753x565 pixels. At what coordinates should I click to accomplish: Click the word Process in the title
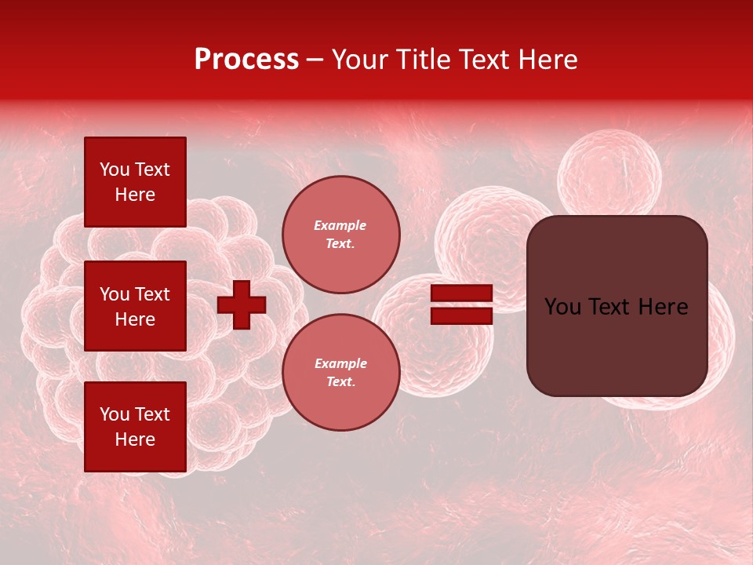pos(246,60)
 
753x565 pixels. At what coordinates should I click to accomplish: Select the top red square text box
pos(135,182)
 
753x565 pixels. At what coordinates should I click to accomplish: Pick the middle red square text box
pos(135,306)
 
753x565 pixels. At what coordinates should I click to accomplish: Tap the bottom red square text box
pos(135,427)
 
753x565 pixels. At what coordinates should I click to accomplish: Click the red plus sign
pos(242,304)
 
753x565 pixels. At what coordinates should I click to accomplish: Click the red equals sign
pos(461,304)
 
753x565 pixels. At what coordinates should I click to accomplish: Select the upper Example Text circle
pos(340,235)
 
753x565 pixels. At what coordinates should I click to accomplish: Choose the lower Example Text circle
pos(340,373)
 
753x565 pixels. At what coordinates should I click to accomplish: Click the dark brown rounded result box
pos(617,306)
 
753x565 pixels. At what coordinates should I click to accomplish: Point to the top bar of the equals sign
pos(461,293)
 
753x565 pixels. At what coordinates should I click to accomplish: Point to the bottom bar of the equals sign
pos(461,315)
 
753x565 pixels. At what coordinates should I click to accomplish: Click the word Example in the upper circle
pos(340,225)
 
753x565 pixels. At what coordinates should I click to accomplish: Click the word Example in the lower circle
pos(340,363)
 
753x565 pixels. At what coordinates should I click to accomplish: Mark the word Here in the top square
pos(135,195)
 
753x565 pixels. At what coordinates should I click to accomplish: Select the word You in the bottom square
pos(115,414)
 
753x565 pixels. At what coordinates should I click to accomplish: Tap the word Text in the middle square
pos(151,294)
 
